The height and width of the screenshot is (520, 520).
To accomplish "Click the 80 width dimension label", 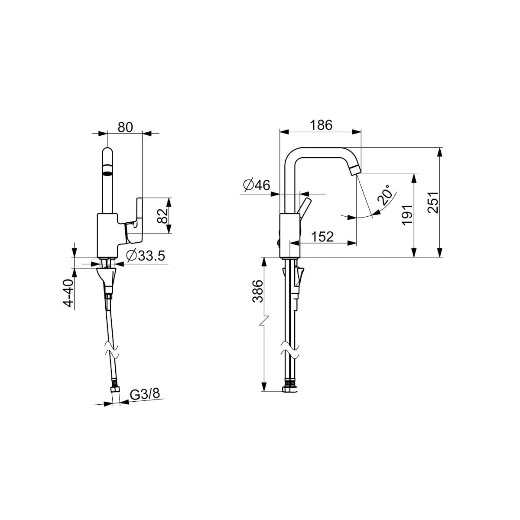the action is (x=126, y=127).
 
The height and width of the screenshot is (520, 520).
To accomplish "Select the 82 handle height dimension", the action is (x=162, y=216).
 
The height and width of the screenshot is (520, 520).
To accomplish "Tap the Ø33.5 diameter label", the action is (x=146, y=256).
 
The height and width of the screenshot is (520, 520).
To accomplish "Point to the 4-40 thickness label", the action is (x=68, y=293).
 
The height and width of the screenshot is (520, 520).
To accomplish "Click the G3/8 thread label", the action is (x=145, y=394).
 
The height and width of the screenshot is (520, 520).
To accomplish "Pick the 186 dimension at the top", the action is (x=321, y=125).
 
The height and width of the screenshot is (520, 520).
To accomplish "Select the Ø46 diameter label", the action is (x=257, y=185).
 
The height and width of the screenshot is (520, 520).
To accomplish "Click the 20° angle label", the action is (x=385, y=195).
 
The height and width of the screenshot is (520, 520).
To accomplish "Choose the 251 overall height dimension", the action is (x=433, y=202).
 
